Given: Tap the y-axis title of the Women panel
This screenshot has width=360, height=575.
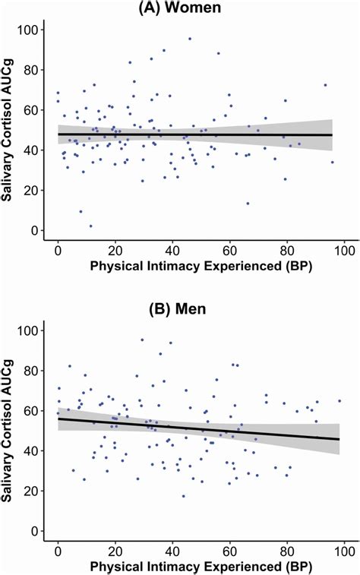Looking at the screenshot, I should (12, 129).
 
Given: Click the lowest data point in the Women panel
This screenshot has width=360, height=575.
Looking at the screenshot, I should (90, 226).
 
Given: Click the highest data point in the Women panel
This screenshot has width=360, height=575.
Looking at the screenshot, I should (190, 38).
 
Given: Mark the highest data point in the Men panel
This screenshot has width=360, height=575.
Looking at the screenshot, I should (142, 340).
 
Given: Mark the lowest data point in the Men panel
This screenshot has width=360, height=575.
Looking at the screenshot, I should (183, 496).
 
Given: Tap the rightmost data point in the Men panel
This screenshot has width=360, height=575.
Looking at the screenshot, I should (339, 401).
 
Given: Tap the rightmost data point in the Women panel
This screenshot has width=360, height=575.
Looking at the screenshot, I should (332, 162).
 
